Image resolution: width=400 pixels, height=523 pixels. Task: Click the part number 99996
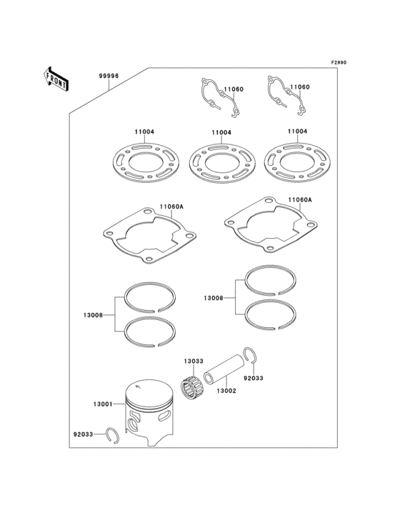pyautogui.click(x=108, y=74)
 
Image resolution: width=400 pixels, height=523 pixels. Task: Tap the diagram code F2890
pyautogui.click(x=338, y=62)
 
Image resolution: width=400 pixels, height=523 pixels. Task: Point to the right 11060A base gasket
pyautogui.click(x=271, y=229)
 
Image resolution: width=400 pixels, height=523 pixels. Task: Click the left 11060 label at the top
pyautogui.click(x=234, y=89)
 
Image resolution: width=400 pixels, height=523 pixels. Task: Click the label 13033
pyautogui.click(x=194, y=362)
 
